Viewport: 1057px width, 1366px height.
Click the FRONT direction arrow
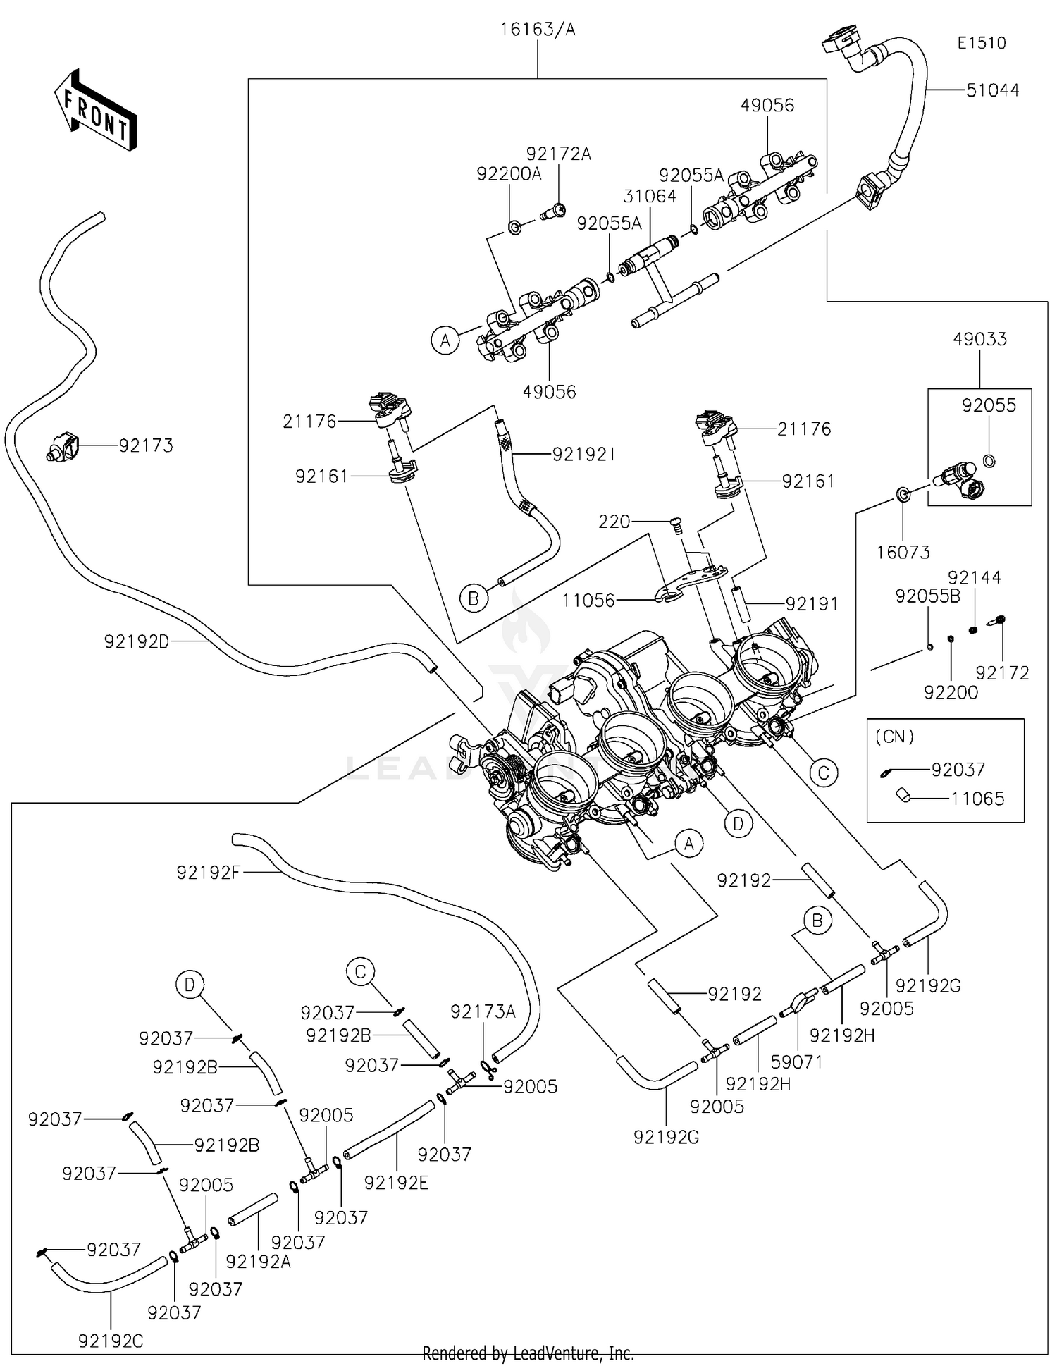tap(95, 111)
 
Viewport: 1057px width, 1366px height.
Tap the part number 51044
tap(992, 90)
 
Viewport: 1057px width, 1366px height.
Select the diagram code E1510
tap(981, 42)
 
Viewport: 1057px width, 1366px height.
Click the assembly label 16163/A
tap(538, 29)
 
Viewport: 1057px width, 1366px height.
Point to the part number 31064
tap(649, 196)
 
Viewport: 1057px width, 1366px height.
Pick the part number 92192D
tap(137, 641)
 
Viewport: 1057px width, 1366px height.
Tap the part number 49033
tap(979, 339)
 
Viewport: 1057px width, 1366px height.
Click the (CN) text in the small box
tap(894, 737)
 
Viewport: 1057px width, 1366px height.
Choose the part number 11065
tap(977, 799)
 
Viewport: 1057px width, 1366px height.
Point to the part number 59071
tap(796, 1062)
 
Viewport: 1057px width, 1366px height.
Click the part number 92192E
tap(396, 1182)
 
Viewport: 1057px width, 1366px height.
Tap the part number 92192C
tap(111, 1341)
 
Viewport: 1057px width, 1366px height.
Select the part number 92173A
tap(483, 1011)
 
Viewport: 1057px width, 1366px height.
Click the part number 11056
tap(588, 601)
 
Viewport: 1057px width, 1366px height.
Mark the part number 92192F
tap(209, 873)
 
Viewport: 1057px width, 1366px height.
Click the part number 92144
tap(974, 578)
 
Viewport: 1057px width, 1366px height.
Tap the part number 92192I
tap(583, 455)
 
